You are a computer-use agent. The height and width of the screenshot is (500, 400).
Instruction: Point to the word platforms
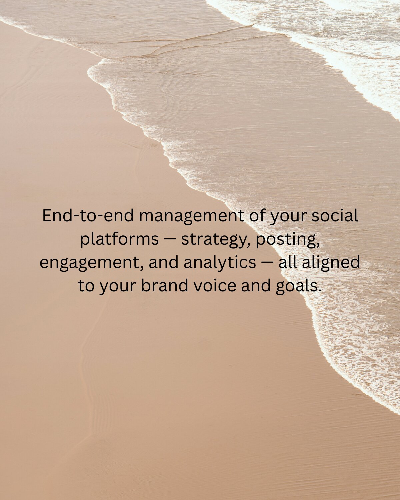point(119,239)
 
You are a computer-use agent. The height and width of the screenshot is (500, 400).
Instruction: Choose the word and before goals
point(255,286)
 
